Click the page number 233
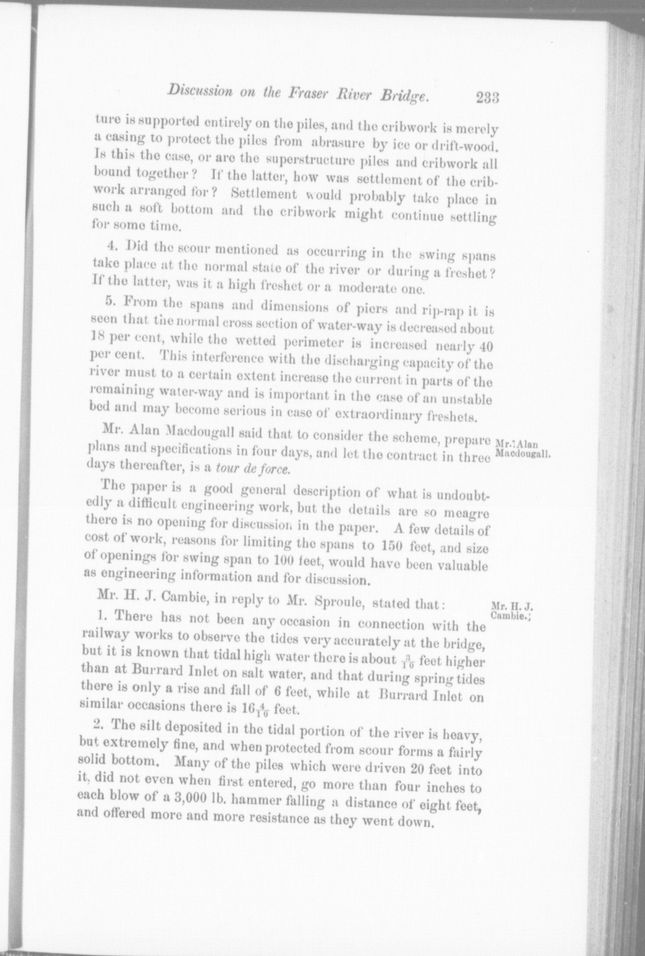point(487,97)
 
